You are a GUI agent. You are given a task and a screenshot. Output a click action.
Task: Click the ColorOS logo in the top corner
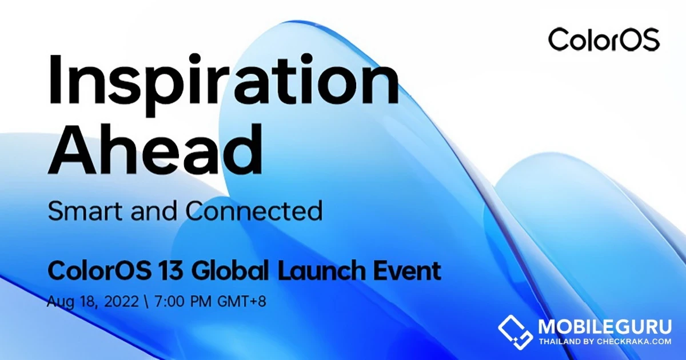coord(604,41)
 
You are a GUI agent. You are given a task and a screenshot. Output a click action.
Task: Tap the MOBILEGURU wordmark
coord(605,327)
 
